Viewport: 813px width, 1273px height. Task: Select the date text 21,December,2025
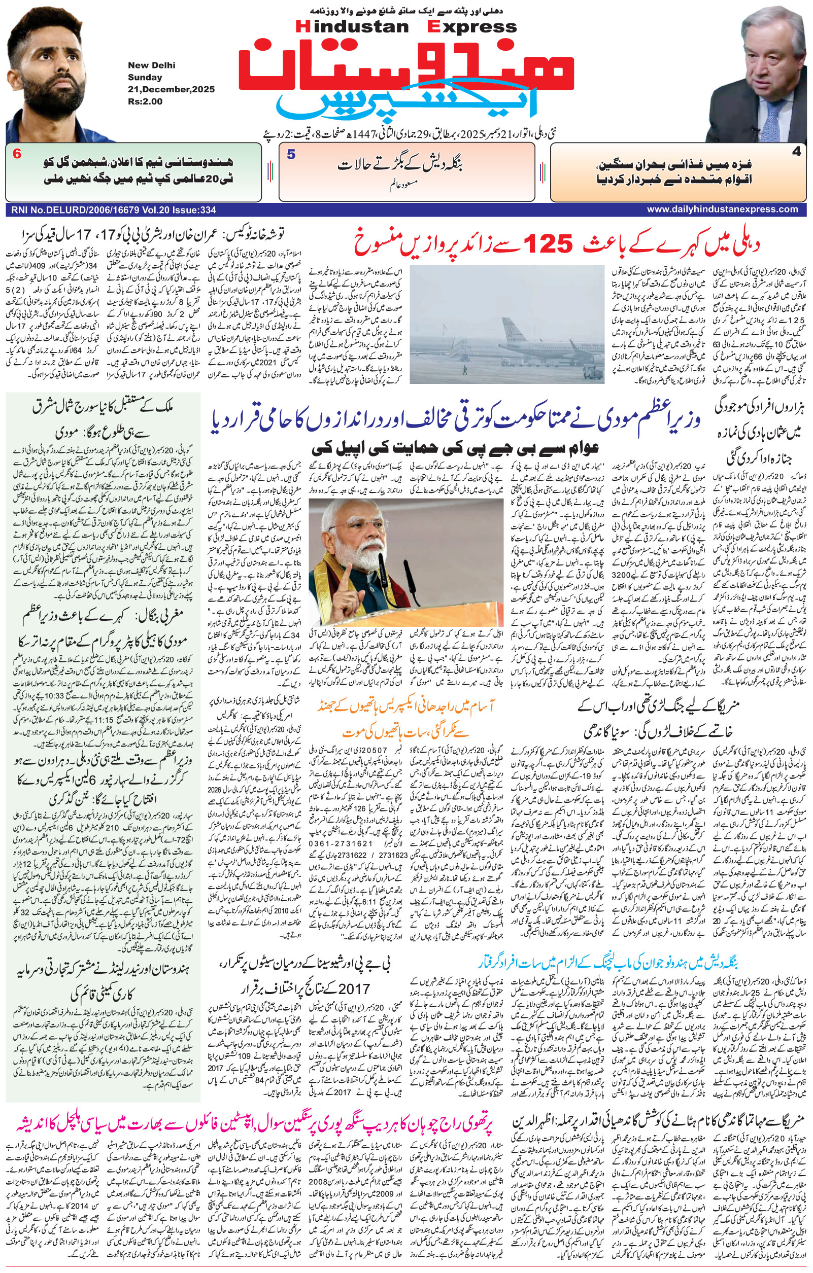pyautogui.click(x=171, y=89)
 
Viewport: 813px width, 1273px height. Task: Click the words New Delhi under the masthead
pyautogui.click(x=151, y=65)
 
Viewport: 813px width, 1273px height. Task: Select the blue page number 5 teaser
pyautogui.click(x=291, y=154)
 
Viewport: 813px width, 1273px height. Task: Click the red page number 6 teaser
pyautogui.click(x=17, y=154)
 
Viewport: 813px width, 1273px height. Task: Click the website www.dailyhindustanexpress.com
pyautogui.click(x=722, y=209)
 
